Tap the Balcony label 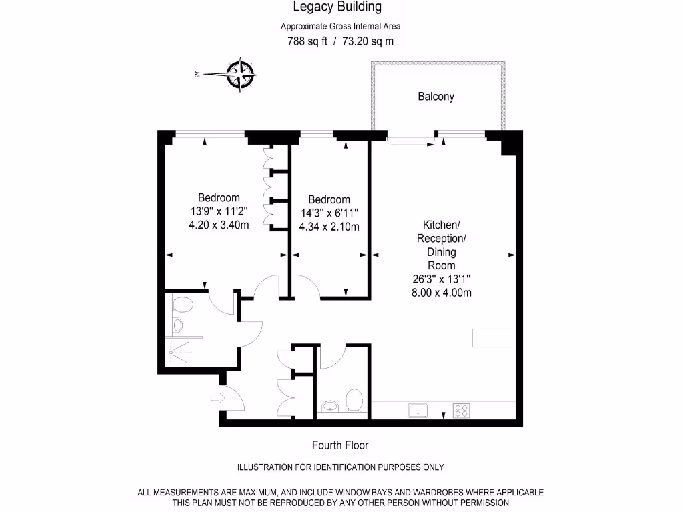coord(436,97)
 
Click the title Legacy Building coord(337,7)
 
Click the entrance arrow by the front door coord(217,399)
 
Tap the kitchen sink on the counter coord(418,410)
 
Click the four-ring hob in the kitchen coord(460,410)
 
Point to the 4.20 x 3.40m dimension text coord(219,225)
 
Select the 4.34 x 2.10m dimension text coord(329,227)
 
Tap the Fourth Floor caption coord(340,445)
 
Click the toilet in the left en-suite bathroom coord(181,305)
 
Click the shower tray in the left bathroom coord(181,349)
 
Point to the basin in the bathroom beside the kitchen coord(329,406)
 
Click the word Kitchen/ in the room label coord(441,225)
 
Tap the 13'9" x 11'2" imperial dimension coord(219,211)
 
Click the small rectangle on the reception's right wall coord(494,338)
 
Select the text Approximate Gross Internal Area coord(340,27)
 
